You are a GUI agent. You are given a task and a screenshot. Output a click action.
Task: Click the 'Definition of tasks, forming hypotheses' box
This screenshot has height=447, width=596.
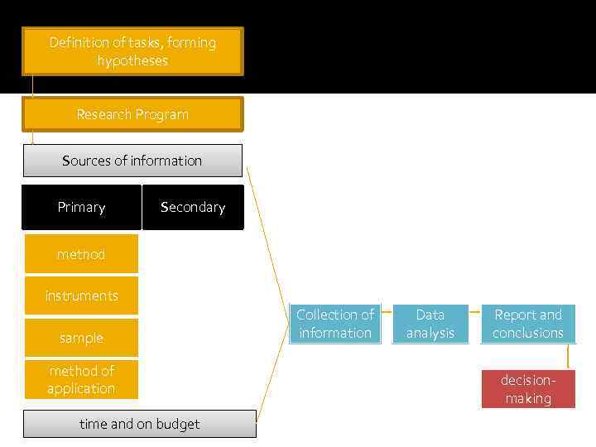(132, 51)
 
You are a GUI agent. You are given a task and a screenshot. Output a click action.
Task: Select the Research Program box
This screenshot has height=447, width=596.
(132, 114)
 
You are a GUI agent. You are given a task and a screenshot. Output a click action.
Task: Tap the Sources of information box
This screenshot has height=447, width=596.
(132, 161)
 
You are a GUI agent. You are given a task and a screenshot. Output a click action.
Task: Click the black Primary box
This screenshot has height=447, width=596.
(81, 207)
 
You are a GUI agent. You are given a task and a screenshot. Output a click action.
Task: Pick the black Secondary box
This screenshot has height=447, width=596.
(193, 207)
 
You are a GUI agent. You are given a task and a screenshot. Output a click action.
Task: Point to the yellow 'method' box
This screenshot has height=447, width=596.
(81, 254)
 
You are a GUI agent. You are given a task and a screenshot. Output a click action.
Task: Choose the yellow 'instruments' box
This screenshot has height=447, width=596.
(81, 296)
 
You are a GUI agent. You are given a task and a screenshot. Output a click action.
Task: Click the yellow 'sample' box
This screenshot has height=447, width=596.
(81, 338)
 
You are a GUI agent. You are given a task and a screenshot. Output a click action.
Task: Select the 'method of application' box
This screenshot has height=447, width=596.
(81, 380)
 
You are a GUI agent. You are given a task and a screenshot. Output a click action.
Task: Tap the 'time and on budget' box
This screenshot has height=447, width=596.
(139, 424)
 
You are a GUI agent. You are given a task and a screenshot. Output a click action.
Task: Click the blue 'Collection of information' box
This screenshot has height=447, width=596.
(335, 324)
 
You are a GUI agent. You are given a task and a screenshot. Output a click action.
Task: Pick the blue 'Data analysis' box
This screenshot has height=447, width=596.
(430, 324)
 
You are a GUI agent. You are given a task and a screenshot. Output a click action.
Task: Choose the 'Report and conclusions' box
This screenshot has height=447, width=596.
(528, 324)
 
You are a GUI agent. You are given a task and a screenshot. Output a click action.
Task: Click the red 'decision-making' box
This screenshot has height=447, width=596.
(528, 389)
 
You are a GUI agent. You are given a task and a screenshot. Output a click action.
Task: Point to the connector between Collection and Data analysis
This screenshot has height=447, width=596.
(387, 313)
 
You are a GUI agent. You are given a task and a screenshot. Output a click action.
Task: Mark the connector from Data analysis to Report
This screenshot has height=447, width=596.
(475, 313)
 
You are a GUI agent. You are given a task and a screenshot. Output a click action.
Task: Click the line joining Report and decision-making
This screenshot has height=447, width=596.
(568, 357)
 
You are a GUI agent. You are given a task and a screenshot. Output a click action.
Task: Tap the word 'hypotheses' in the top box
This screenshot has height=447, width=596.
(132, 60)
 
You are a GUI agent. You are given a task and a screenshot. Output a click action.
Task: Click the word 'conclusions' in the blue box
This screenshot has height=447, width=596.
(528, 333)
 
